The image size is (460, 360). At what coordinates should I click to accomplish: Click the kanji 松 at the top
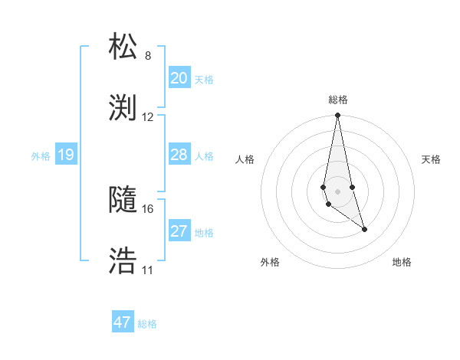coord(123,46)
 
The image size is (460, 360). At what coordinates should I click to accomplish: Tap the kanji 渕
coord(123,107)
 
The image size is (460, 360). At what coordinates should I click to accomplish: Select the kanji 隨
coord(123,200)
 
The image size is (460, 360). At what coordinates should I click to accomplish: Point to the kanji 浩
coord(123,261)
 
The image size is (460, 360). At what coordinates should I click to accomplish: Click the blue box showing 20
coord(179,77)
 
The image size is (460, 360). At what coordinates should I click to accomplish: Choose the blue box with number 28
coord(179,155)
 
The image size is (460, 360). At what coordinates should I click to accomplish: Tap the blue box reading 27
coord(179,231)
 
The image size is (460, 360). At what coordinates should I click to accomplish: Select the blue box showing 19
coord(66,155)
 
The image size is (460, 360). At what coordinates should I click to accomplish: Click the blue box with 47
coord(123,322)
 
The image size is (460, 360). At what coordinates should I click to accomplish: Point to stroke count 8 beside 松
coord(148,56)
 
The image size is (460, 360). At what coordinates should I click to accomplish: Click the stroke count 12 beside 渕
coord(148,117)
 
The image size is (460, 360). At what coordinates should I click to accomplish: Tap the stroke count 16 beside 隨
coord(148,209)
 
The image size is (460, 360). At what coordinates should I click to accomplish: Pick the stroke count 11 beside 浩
coord(148,270)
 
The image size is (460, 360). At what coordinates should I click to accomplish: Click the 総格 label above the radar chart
coord(338,100)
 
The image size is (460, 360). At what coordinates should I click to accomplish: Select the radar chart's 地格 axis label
coord(402,262)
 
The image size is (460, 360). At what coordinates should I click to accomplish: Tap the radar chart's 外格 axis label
coord(270,262)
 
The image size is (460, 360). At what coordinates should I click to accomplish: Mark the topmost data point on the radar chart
coord(337,116)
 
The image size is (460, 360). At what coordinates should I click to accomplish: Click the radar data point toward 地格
coord(364,229)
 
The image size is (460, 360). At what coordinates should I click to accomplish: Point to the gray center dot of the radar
coord(337,191)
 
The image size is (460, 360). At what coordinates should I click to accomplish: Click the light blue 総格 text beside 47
coord(147,324)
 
